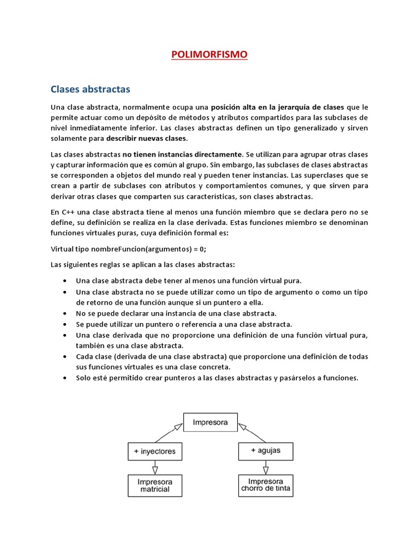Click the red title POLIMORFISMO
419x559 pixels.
tap(209, 54)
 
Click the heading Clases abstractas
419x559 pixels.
tap(91, 88)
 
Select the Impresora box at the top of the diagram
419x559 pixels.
tap(209, 422)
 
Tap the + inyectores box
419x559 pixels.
tap(155, 451)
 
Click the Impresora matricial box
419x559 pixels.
tap(155, 485)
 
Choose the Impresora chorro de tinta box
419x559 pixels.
tap(266, 485)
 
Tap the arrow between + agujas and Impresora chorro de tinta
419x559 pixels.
tap(266, 467)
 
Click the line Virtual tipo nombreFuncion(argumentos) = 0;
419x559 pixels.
tap(129, 249)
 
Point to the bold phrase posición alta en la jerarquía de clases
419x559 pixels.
tap(278, 106)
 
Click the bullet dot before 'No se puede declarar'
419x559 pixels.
tap(65, 314)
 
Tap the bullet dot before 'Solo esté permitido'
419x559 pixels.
tap(65, 378)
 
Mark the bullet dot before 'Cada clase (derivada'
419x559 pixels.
tap(65, 356)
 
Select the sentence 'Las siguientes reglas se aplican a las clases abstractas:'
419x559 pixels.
tap(142, 265)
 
